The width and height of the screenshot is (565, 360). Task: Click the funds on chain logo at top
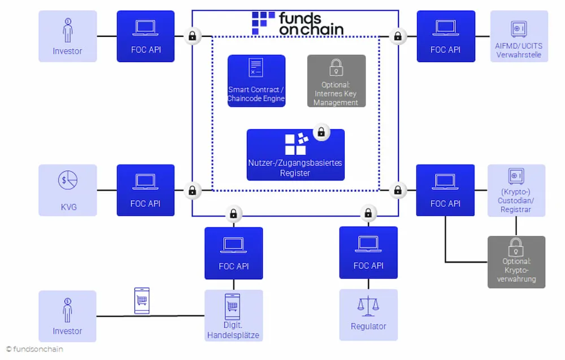click(x=298, y=23)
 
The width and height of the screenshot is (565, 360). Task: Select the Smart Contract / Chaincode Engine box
click(x=256, y=81)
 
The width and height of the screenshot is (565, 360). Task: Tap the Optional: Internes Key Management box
click(x=336, y=81)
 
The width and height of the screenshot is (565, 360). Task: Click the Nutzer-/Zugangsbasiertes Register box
click(x=295, y=154)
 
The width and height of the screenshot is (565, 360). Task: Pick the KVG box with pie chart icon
click(x=67, y=190)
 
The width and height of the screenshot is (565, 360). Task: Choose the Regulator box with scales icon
click(x=368, y=315)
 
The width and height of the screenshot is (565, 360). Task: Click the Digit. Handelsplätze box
click(x=233, y=315)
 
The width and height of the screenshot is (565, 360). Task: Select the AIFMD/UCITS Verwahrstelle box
click(x=519, y=36)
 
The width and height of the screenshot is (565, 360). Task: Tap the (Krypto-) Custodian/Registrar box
click(x=516, y=190)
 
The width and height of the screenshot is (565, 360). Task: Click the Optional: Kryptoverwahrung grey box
click(x=516, y=262)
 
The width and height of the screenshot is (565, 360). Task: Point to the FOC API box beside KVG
click(x=146, y=190)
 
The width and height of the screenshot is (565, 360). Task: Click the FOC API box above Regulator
click(x=368, y=252)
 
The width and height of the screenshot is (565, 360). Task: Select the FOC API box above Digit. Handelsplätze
click(x=233, y=253)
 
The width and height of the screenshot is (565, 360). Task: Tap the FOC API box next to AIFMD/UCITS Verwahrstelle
click(x=446, y=36)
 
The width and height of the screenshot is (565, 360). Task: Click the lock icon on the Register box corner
click(x=321, y=132)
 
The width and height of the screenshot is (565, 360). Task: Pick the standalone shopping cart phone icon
click(x=142, y=300)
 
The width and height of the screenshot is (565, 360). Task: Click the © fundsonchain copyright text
click(x=34, y=349)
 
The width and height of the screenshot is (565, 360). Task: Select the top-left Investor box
click(x=67, y=36)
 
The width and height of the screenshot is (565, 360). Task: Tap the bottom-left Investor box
click(x=67, y=316)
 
